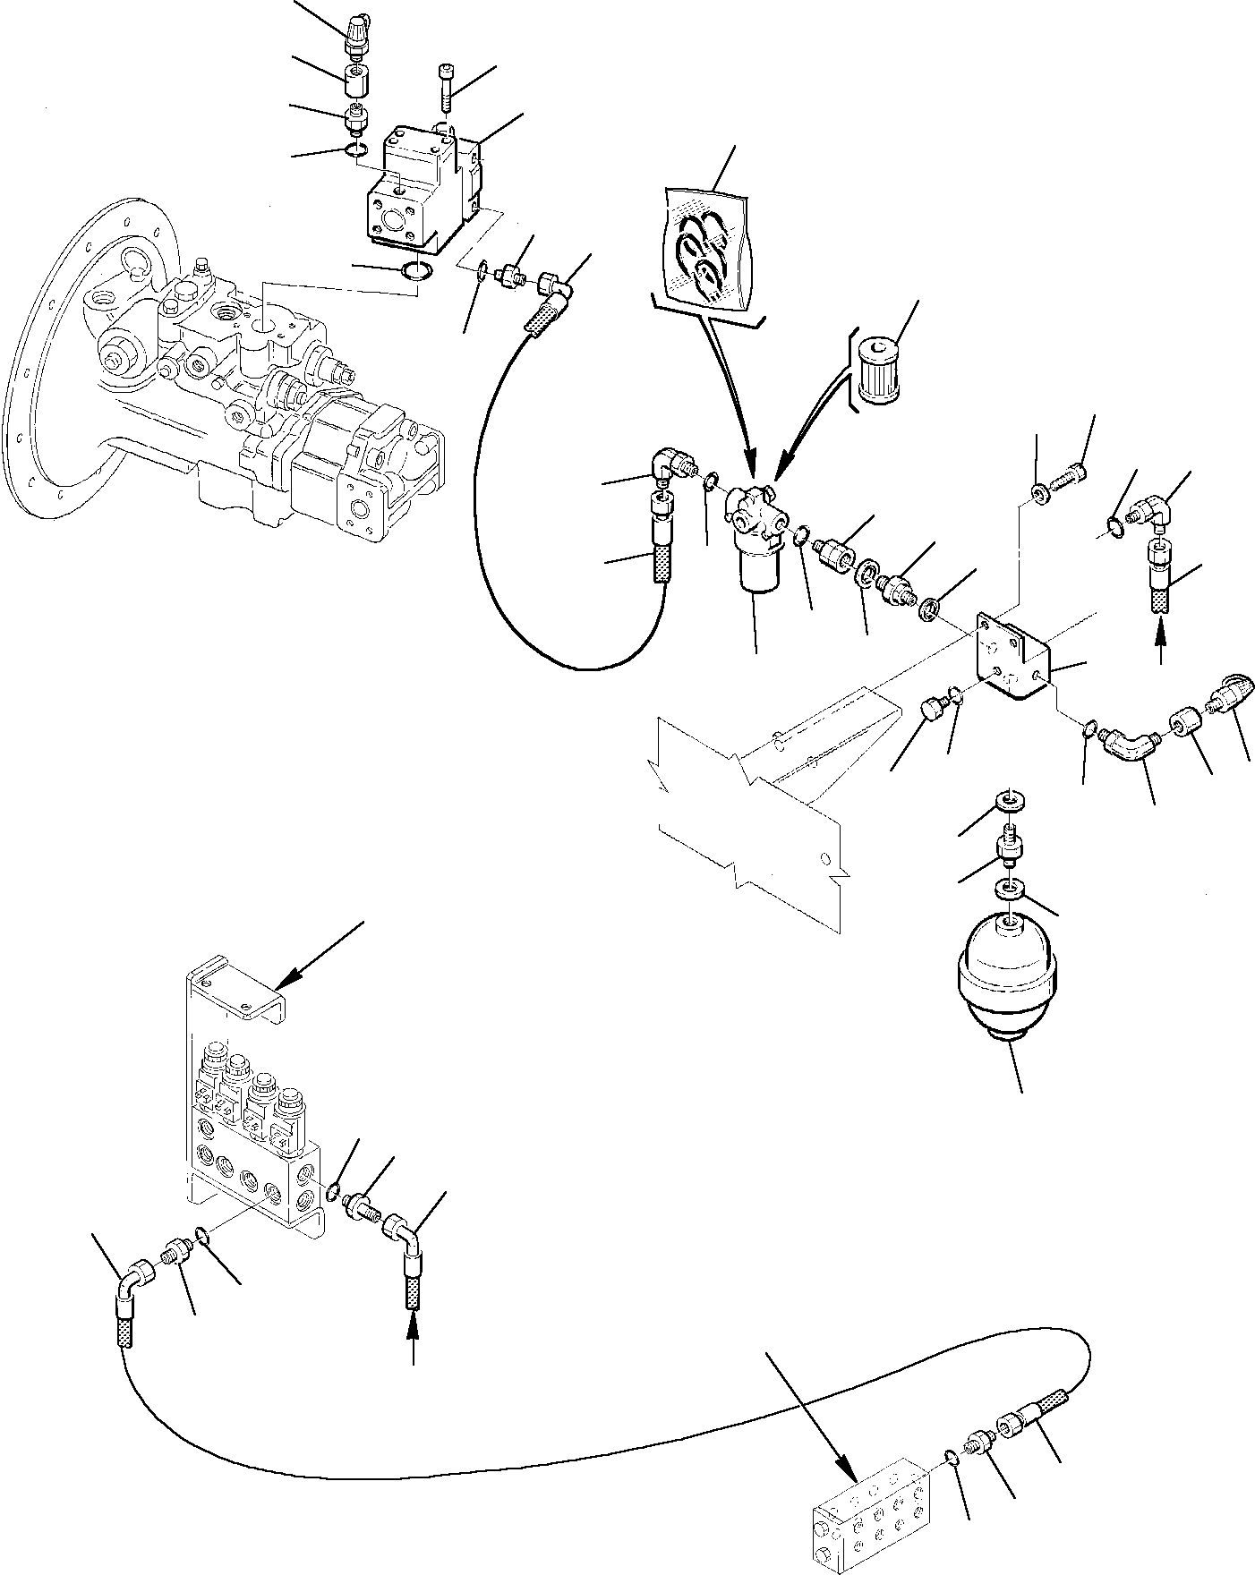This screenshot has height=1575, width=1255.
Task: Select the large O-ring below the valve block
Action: (x=414, y=271)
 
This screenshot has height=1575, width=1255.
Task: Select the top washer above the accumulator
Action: (x=1010, y=800)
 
